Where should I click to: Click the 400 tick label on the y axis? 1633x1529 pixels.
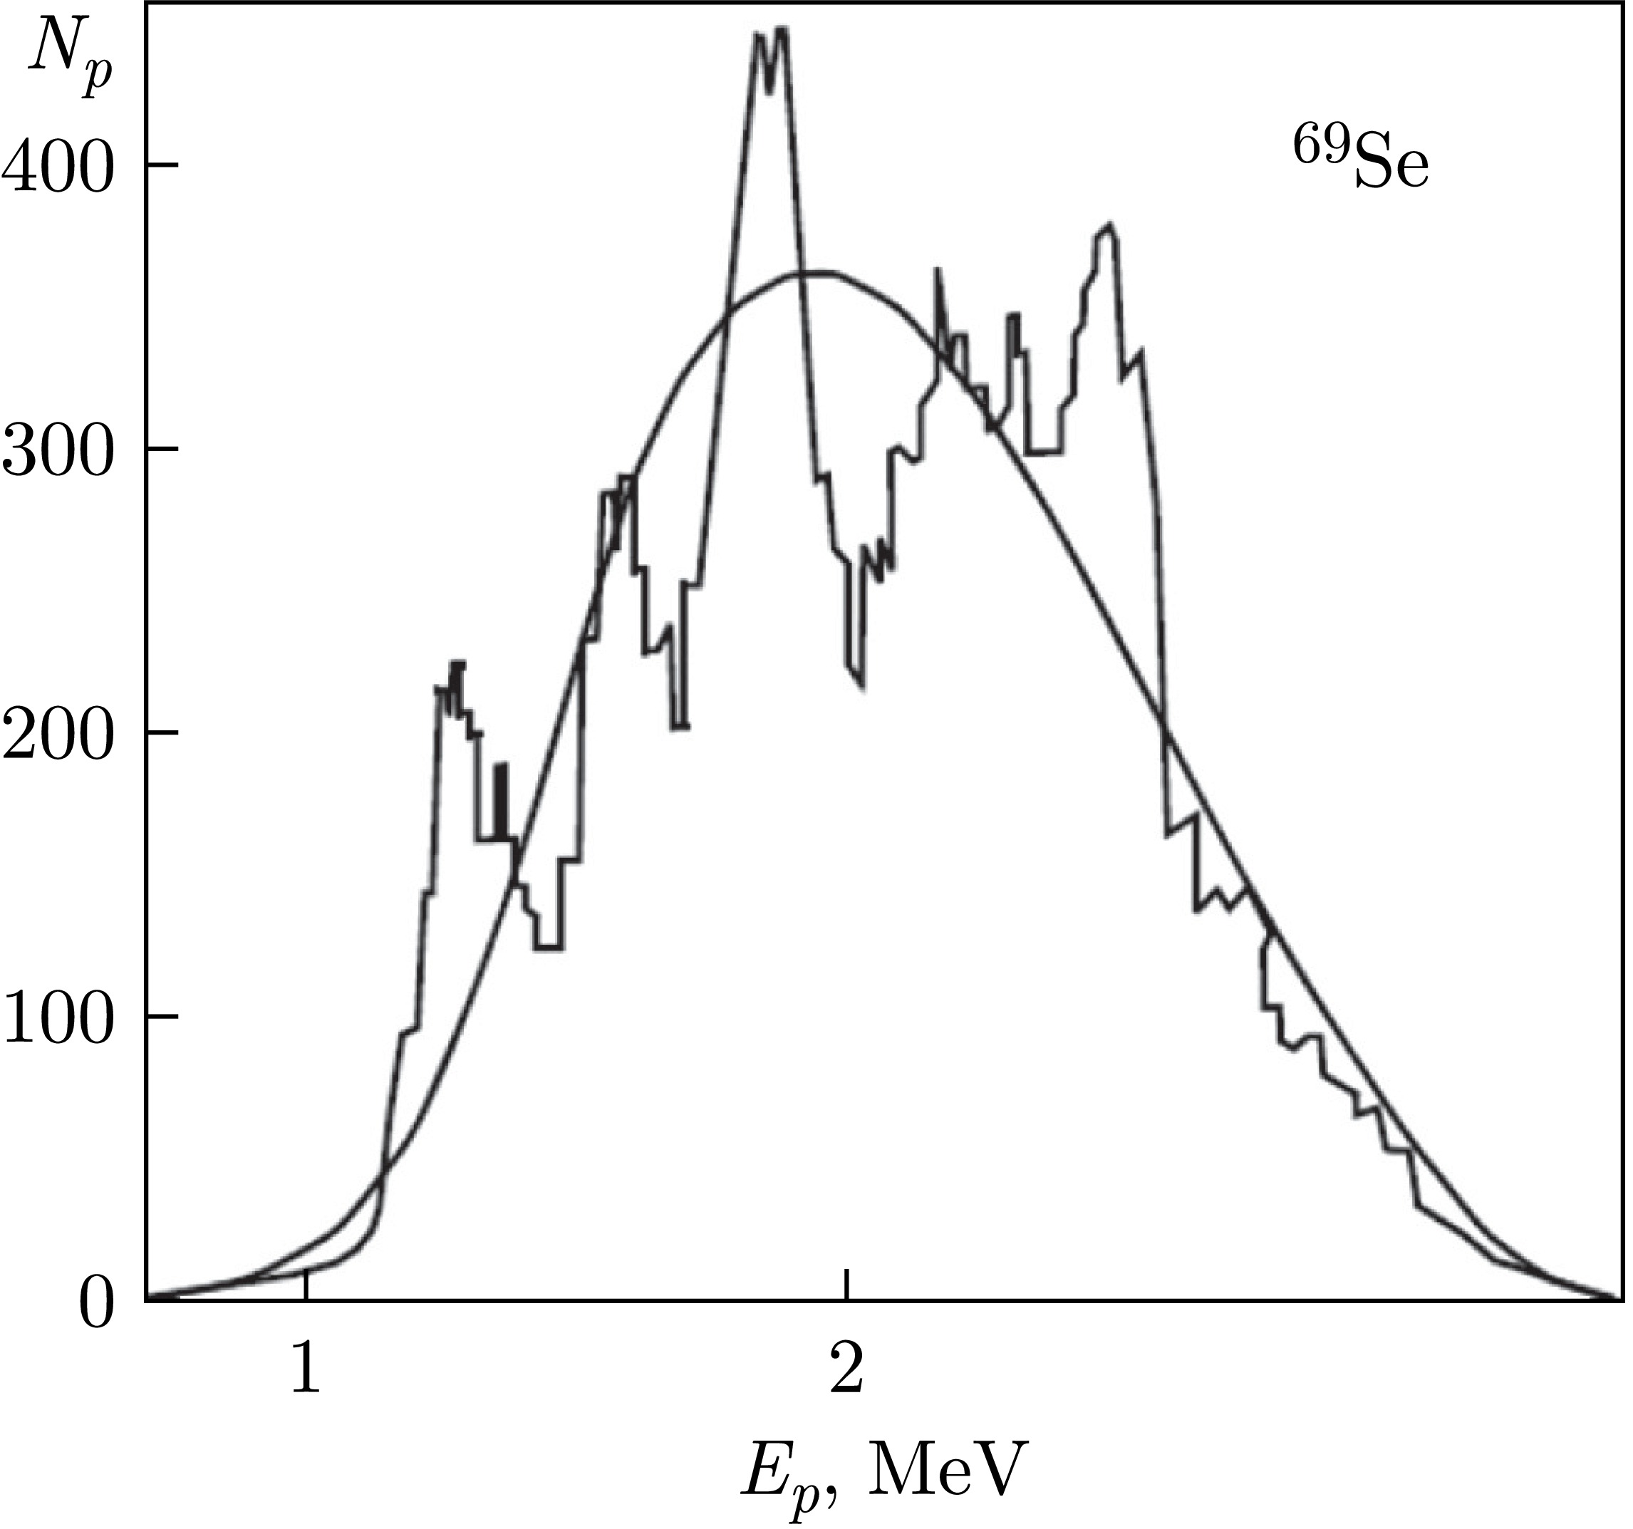58,167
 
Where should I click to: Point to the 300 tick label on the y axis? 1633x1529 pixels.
58,450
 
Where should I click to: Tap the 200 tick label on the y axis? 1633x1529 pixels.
58,734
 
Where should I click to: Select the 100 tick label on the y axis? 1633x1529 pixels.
58,1018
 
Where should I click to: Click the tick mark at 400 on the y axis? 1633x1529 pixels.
162,166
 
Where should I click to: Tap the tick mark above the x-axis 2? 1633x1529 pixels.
846,1286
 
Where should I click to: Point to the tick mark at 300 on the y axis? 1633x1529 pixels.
162,450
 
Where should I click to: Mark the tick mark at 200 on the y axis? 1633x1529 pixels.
162,733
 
